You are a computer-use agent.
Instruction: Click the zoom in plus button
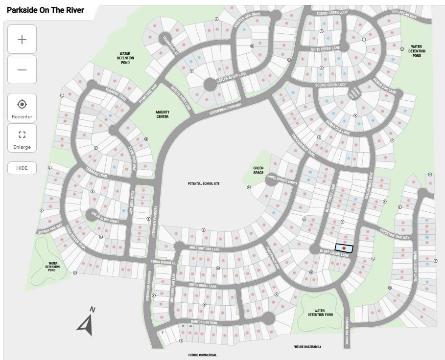tap(22, 40)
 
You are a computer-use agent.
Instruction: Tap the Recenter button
tap(22, 108)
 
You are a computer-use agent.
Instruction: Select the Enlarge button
tap(22, 138)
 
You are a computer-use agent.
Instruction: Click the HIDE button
tap(22, 168)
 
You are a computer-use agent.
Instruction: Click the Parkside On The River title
tap(46, 10)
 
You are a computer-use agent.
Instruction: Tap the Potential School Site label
tap(204, 184)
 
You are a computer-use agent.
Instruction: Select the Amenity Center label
tap(162, 114)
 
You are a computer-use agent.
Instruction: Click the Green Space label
tap(258, 170)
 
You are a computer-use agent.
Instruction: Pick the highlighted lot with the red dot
tap(344, 248)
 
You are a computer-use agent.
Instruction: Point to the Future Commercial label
tap(202, 355)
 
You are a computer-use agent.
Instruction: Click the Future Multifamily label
tap(307, 347)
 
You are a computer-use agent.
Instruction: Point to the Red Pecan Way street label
tap(404, 15)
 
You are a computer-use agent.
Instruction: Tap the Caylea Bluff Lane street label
tap(232, 77)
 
